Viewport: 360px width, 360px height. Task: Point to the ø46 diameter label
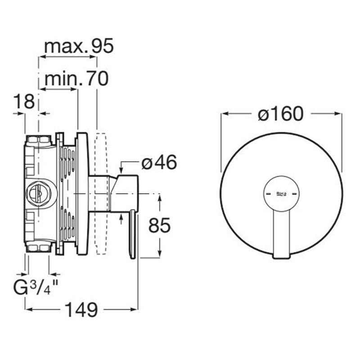(159, 162)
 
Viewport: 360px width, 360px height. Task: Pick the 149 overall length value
(81, 310)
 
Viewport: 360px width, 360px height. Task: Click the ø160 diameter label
(280, 114)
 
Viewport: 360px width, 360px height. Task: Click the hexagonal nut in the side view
(35, 193)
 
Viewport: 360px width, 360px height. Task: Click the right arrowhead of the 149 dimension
(134, 309)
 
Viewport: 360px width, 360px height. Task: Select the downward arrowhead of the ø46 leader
(121, 171)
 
